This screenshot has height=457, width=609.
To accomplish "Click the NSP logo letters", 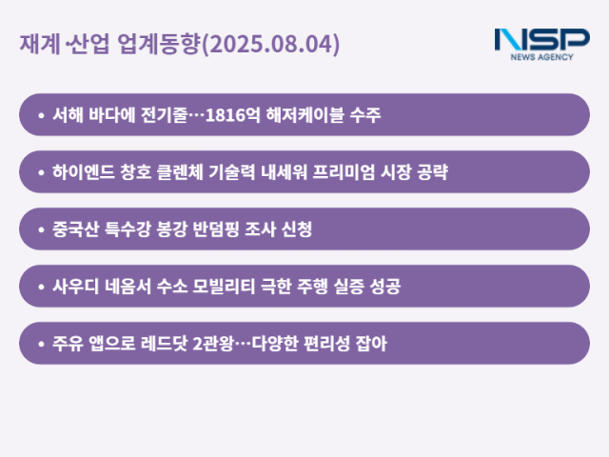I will pyautogui.click(x=541, y=40).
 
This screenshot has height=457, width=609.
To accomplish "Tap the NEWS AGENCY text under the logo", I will pyautogui.click(x=541, y=57).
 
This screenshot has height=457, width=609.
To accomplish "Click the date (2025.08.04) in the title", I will pyautogui.click(x=271, y=45).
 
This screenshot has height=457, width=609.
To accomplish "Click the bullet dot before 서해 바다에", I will pyautogui.click(x=41, y=115).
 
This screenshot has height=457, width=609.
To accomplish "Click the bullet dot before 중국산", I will pyautogui.click(x=41, y=229).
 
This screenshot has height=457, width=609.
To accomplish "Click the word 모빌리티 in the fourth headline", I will pyautogui.click(x=242, y=287).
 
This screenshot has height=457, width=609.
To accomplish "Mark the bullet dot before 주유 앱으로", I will pyautogui.click(x=41, y=344).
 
